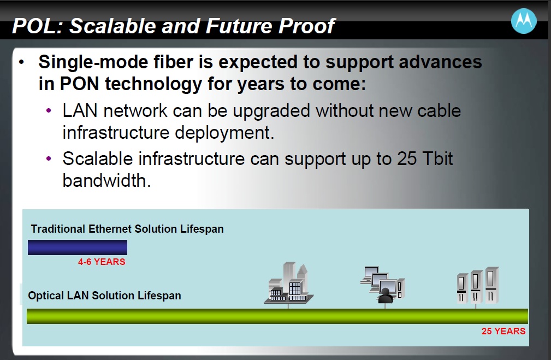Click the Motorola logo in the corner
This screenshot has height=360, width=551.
point(524,21)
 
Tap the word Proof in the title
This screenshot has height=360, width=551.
point(306,26)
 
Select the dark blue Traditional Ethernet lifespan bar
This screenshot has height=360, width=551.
point(78,247)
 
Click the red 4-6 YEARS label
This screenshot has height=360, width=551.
point(102,262)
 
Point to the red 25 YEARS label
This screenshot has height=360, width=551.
point(503,331)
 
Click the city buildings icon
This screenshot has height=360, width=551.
point(288,284)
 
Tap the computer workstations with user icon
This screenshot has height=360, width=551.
point(383,285)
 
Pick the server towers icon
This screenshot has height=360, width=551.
point(478,286)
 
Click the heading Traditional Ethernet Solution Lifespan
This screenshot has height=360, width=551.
point(127,229)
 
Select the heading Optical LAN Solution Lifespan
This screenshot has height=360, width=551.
point(104,296)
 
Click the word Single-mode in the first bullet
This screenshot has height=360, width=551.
point(93,62)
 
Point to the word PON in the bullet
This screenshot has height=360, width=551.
point(79,84)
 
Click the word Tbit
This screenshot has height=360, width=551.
point(437,158)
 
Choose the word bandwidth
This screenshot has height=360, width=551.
point(106,180)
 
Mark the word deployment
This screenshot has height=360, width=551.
point(224,133)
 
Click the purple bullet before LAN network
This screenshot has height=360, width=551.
point(49,111)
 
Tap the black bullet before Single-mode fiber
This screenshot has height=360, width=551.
point(22,62)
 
